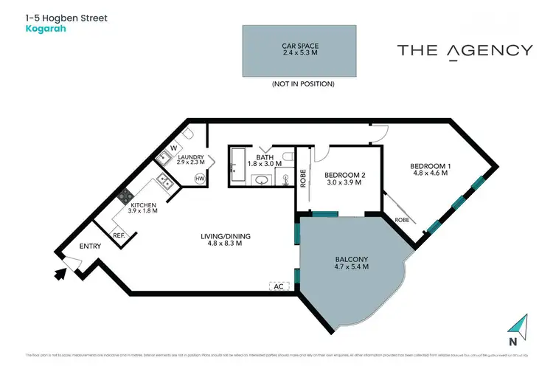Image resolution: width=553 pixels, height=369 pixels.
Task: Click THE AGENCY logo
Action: (x=465, y=51)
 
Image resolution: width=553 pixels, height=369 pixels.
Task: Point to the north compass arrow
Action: (x=519, y=325)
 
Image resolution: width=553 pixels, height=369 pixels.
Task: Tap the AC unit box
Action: (x=278, y=286)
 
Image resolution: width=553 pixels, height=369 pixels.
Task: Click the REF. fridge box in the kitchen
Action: (x=119, y=235)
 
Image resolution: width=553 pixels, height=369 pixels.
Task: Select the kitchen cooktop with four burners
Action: (x=125, y=197)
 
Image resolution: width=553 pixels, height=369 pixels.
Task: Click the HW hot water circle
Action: (x=199, y=179)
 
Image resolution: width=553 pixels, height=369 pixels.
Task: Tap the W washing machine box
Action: (x=174, y=148)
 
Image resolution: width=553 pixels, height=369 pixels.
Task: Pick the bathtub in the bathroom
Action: (x=238, y=165)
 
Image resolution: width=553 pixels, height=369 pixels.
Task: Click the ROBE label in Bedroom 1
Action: (x=402, y=219)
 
